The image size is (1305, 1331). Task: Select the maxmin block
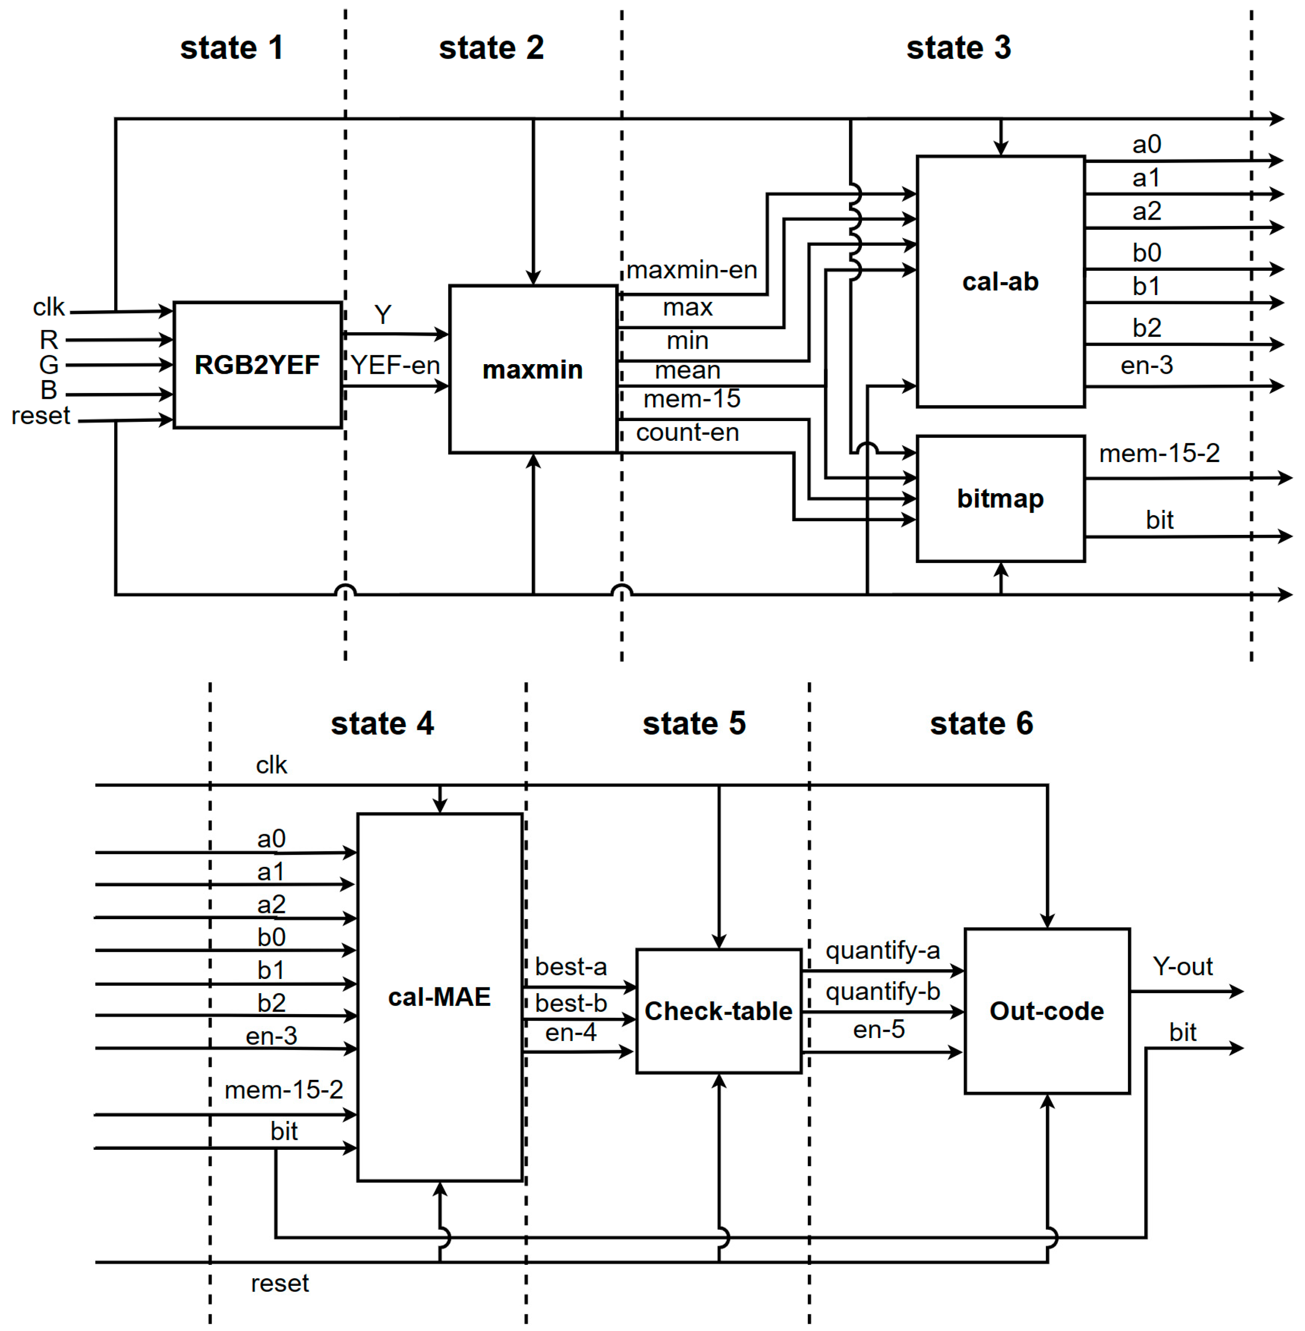533,370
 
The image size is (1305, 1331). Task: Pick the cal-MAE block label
439,996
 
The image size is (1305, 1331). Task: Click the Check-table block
718,1011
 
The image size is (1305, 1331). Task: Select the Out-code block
1046,1011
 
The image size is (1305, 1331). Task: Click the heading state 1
232,48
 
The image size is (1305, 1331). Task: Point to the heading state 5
694,723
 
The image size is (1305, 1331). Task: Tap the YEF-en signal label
395,365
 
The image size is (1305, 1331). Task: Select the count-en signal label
687,432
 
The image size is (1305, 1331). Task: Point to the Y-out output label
1182,966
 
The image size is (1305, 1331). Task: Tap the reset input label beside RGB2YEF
41,416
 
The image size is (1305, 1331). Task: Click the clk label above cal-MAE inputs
272,765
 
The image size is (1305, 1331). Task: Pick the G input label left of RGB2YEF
49,365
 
